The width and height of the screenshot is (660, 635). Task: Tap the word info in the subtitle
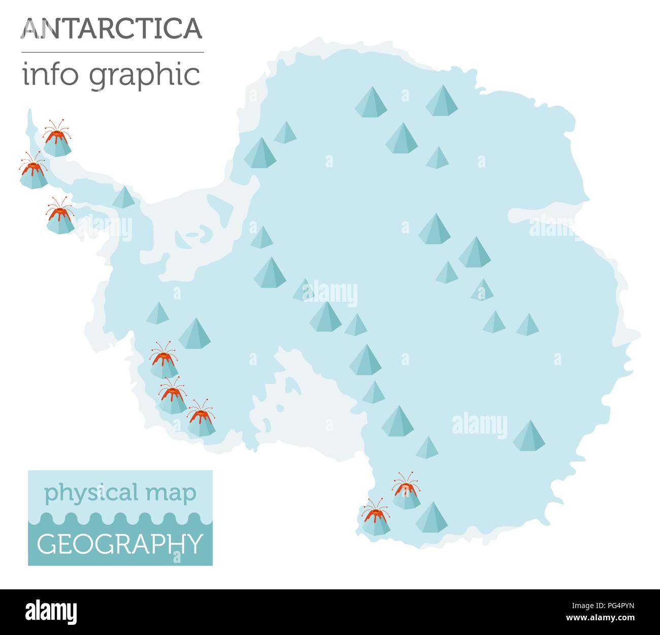(49, 75)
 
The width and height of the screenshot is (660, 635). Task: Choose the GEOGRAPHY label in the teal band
(120, 544)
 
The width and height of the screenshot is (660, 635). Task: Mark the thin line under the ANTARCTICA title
(112, 52)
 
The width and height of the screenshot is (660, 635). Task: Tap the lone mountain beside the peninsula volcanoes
(123, 198)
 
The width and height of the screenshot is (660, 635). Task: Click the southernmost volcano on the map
(376, 518)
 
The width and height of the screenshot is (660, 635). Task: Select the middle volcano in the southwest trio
(173, 396)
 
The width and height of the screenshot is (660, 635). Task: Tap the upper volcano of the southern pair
(406, 491)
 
